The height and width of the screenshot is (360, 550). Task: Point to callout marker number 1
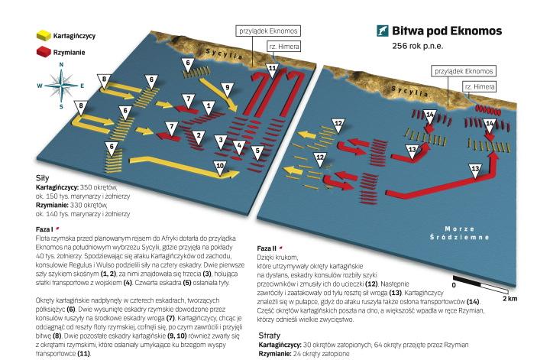208,105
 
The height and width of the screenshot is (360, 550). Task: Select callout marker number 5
256,150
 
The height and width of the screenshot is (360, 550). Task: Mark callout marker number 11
271,70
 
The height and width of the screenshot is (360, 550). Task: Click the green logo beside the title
382,31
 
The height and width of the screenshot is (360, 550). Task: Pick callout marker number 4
238,144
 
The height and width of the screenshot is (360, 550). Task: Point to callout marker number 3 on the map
220,140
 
